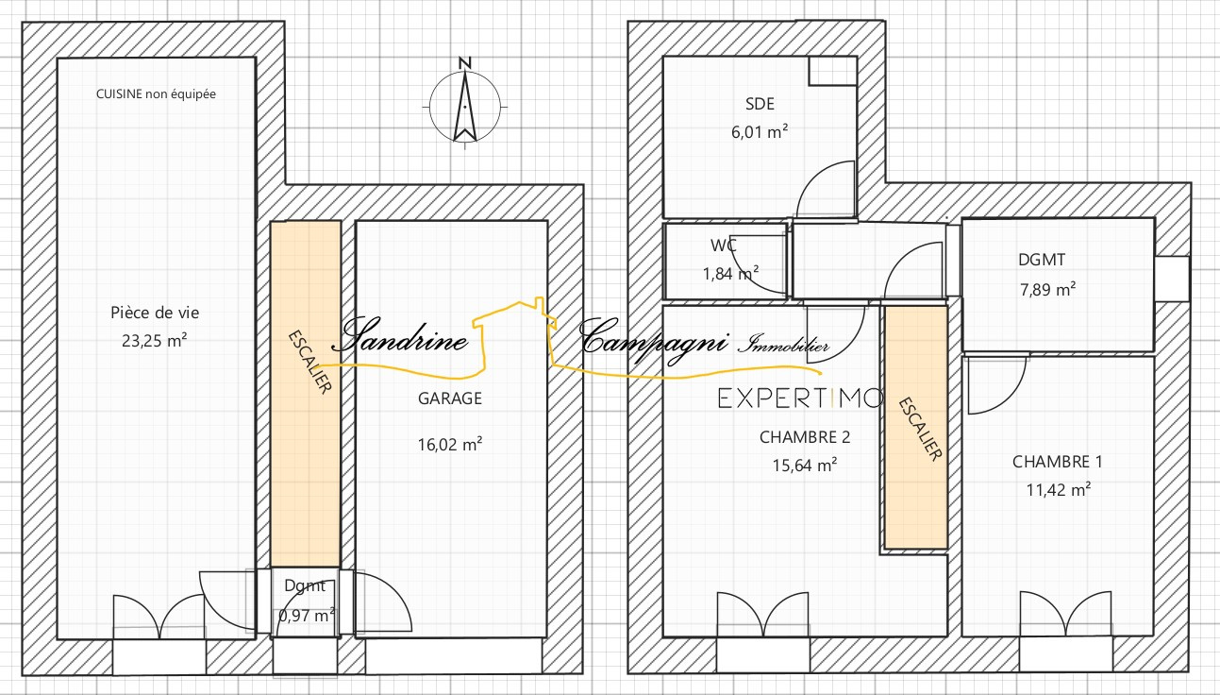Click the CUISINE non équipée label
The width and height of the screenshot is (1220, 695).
[156, 94]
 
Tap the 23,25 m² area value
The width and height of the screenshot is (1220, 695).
[155, 341]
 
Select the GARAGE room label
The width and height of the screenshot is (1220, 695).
[450, 398]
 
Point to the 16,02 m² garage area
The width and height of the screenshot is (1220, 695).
[450, 444]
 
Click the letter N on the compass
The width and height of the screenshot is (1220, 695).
[464, 62]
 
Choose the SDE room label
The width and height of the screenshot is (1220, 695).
[760, 104]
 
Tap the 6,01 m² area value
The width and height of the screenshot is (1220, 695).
[760, 132]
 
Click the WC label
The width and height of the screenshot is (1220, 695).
[724, 246]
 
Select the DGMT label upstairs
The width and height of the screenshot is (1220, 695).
[1042, 260]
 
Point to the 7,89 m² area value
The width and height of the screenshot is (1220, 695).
[1047, 289]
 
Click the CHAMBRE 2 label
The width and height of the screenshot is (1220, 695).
[805, 437]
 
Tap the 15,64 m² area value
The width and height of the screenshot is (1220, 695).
[805, 465]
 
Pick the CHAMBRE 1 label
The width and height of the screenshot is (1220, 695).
[1057, 462]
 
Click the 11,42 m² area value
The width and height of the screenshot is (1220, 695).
[1059, 489]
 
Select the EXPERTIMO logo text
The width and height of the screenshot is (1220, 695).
[800, 398]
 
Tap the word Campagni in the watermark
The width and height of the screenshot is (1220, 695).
[653, 341]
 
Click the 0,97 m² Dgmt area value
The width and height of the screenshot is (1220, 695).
[306, 616]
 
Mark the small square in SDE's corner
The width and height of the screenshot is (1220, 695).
[833, 71]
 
